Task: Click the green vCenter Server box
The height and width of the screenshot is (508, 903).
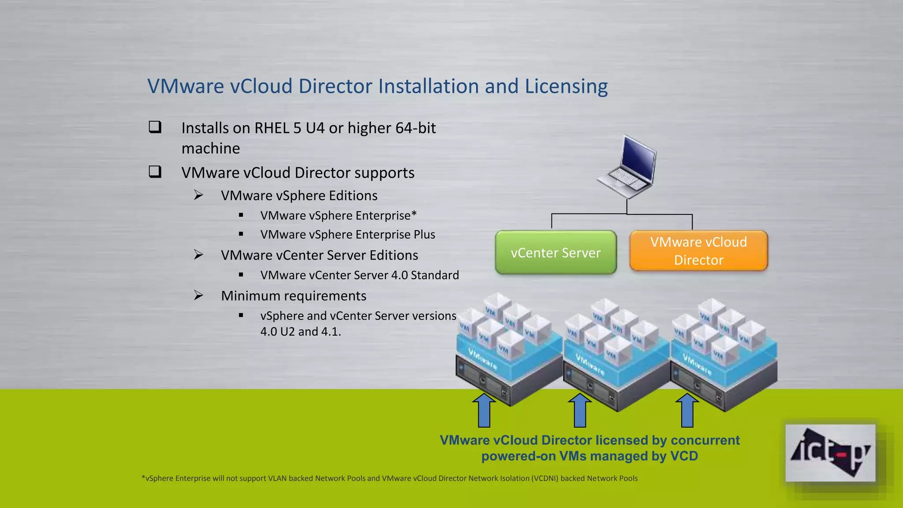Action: [x=556, y=253]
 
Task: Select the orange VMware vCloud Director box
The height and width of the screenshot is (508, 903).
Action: [x=698, y=251]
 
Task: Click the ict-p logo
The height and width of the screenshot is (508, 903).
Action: [x=830, y=453]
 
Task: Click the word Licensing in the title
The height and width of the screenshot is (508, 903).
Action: [x=566, y=86]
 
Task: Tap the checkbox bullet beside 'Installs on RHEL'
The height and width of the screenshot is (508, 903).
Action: [x=155, y=127]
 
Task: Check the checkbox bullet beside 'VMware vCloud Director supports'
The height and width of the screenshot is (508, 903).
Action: [x=155, y=172]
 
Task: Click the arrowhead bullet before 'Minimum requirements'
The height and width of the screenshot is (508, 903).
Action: [x=199, y=295]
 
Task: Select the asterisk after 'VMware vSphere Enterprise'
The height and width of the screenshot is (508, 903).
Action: [x=414, y=214]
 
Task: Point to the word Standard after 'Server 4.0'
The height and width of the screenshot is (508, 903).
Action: [x=435, y=275]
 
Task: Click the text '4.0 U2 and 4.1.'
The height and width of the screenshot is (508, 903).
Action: [x=301, y=332]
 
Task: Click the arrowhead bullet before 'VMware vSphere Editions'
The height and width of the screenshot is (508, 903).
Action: [x=199, y=195]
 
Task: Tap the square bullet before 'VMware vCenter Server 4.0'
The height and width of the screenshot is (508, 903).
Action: [x=241, y=275]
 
